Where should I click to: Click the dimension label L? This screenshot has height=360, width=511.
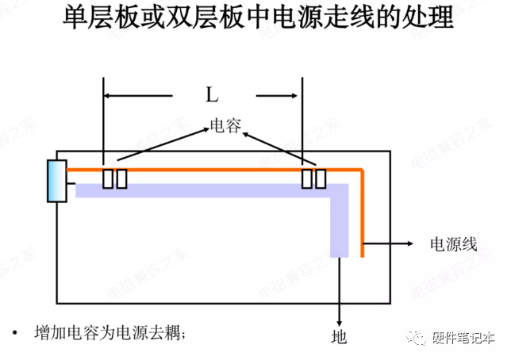point(212,96)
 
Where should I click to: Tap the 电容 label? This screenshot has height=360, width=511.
point(225,126)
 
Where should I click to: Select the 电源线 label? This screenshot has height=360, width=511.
point(453,243)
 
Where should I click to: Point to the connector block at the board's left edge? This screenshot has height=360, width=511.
point(57,180)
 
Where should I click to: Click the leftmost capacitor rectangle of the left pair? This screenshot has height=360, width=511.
point(108,178)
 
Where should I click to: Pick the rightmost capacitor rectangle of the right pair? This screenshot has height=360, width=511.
point(320,178)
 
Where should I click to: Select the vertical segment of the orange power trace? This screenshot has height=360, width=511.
point(362,214)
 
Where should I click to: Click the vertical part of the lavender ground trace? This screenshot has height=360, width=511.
point(340,222)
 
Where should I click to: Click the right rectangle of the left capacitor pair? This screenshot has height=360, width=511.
point(121,178)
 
